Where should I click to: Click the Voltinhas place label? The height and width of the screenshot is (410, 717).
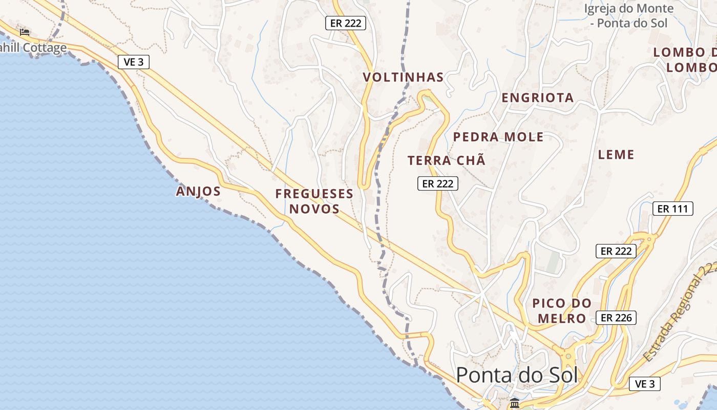[x=403, y=77]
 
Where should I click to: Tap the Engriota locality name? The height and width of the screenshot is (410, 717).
[x=537, y=97]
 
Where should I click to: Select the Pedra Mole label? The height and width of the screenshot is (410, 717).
[x=498, y=137]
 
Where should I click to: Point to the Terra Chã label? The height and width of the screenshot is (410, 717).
[x=446, y=160]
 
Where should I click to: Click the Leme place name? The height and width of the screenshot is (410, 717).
[x=616, y=154]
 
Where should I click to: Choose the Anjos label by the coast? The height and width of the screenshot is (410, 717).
[x=198, y=192]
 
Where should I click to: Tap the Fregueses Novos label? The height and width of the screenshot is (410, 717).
[x=314, y=201]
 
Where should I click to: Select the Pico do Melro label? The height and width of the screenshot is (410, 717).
[x=562, y=311]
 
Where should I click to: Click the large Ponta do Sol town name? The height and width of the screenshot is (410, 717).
[x=517, y=375]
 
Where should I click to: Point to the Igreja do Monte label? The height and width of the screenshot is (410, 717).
[x=629, y=15]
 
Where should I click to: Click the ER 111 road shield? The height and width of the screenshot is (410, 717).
[x=672, y=209]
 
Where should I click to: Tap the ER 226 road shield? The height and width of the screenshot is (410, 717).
[x=616, y=318]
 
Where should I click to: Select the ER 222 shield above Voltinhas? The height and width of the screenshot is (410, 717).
[x=346, y=23]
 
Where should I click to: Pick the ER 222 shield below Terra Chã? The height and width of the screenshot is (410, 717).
[x=438, y=183]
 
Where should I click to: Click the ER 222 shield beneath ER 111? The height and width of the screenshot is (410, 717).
[x=616, y=251]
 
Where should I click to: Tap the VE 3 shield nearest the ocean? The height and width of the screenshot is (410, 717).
[x=134, y=62]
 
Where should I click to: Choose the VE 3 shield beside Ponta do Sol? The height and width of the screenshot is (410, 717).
[x=644, y=384]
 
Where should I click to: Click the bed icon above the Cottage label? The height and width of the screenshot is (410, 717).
[x=25, y=32]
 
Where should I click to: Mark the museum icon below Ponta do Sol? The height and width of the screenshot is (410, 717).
[x=515, y=403]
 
